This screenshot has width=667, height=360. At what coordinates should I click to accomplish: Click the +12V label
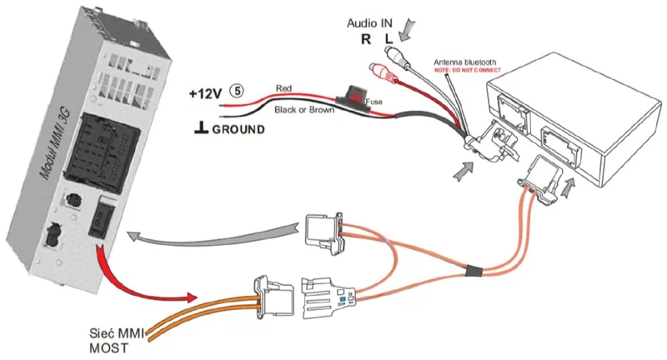tap(206, 93)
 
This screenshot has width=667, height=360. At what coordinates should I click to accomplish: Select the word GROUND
tap(238, 129)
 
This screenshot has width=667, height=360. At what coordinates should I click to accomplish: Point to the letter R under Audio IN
tap(365, 39)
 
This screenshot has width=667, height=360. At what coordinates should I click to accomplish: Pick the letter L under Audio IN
tap(388, 39)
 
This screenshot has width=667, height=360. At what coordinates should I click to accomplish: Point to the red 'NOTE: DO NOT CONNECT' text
tap(468, 71)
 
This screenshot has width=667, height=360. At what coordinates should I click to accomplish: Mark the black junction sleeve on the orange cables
tap(472, 270)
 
